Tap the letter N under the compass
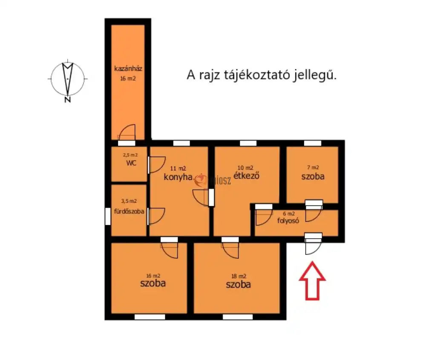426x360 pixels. pos(67,100)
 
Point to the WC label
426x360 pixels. pos(131,163)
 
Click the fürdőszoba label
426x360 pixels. pos(129,211)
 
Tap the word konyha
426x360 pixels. pos(178,177)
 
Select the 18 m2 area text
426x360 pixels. pos(238,276)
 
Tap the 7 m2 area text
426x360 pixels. pos(313,167)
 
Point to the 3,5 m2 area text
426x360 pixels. pos(129,201)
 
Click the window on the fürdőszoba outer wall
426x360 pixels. pos(107,216)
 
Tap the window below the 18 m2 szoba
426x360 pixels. pos(238,317)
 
